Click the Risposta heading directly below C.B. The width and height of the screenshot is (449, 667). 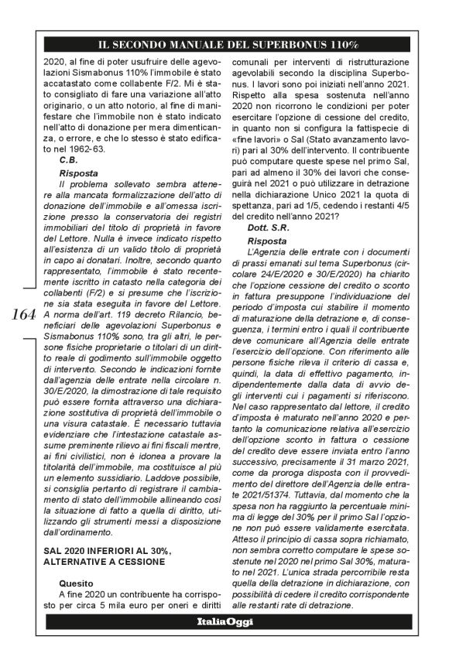click(78, 174)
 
